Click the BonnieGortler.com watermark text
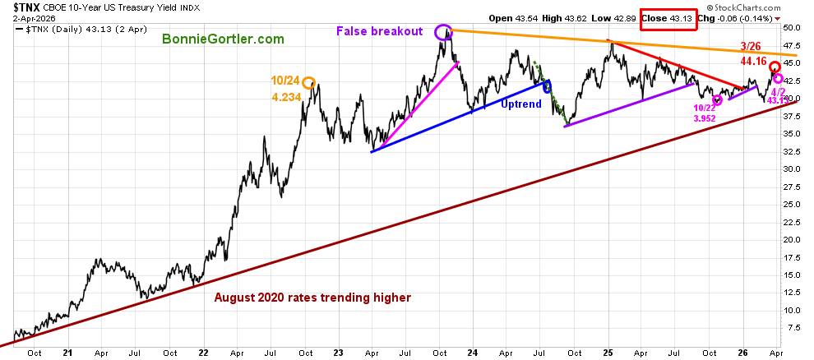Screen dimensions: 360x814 tap(223, 39)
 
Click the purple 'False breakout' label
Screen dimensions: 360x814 tap(379, 31)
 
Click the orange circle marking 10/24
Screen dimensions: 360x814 tap(308, 82)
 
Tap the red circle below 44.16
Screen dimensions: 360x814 tap(775, 67)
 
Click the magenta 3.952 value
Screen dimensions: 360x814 tap(705, 118)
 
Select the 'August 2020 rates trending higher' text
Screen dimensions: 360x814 tap(312, 298)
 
